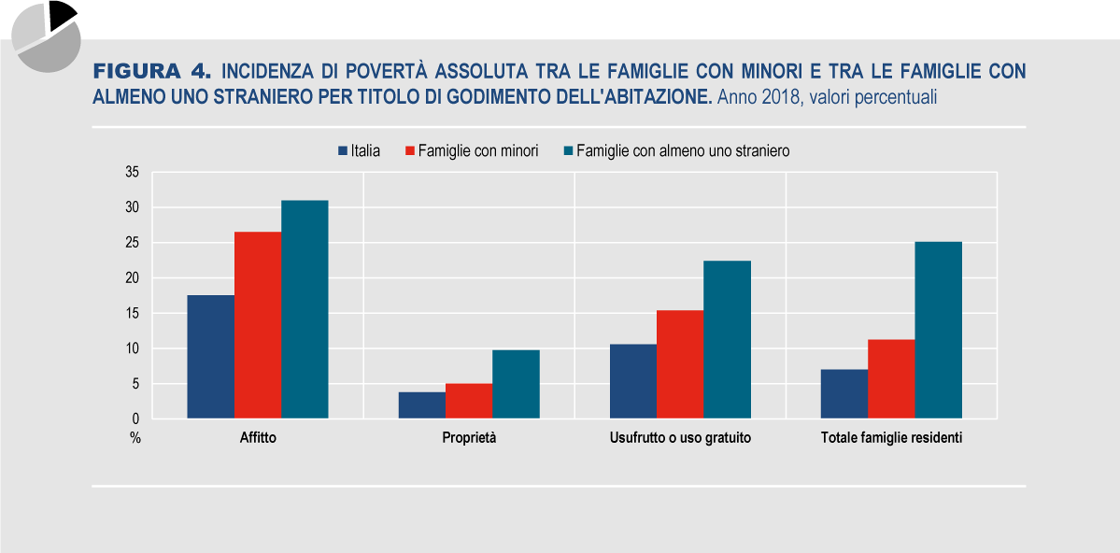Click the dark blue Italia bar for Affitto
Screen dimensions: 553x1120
pos(210,357)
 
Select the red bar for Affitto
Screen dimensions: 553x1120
pos(258,325)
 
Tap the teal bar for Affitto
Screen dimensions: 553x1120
pos(305,309)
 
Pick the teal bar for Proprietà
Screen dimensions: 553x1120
pos(516,384)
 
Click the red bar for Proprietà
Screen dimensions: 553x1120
pos(469,401)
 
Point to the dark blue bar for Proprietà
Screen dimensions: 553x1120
pos(422,405)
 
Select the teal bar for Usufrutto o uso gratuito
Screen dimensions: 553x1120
pos(727,339)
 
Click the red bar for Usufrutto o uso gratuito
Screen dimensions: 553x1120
pos(680,364)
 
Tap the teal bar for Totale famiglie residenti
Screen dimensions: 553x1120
pos(938,330)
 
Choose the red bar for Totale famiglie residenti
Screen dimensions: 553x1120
pos(891,378)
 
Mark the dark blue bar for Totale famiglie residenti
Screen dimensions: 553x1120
pos(844,393)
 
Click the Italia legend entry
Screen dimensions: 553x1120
pos(359,150)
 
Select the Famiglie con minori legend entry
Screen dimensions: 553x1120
pos(471,150)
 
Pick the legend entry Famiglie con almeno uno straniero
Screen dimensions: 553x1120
pos(676,150)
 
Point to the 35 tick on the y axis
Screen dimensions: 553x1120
pos(131,172)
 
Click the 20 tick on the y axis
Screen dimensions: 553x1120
pos(131,277)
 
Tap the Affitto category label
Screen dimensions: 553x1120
pos(258,437)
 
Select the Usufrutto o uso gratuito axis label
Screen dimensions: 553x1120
pos(680,437)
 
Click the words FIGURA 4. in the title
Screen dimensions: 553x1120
pos(153,72)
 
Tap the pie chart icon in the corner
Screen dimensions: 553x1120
pos(46,35)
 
